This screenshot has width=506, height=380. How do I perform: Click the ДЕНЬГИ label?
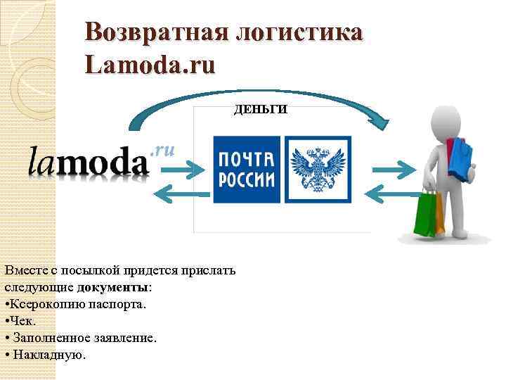point(260,110)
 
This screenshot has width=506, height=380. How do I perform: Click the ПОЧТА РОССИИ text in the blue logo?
point(246,169)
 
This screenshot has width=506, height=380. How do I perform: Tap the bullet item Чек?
point(19,321)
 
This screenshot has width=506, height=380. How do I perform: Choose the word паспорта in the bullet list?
point(120,305)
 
